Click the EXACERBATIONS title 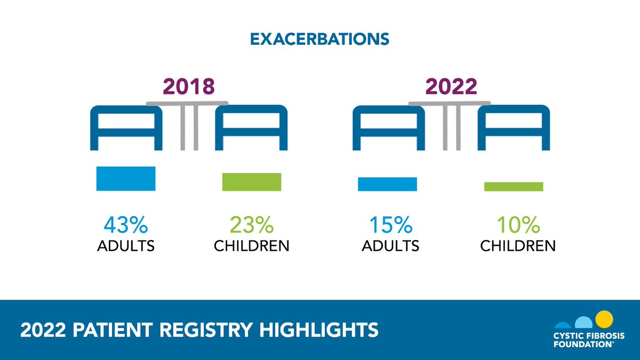(319, 39)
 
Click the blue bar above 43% (125, 178)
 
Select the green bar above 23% (251, 181)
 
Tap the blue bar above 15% (387, 183)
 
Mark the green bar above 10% (514, 186)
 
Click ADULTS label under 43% (125, 246)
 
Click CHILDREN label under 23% (251, 246)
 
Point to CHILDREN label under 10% (517, 246)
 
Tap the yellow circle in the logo (604, 319)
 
